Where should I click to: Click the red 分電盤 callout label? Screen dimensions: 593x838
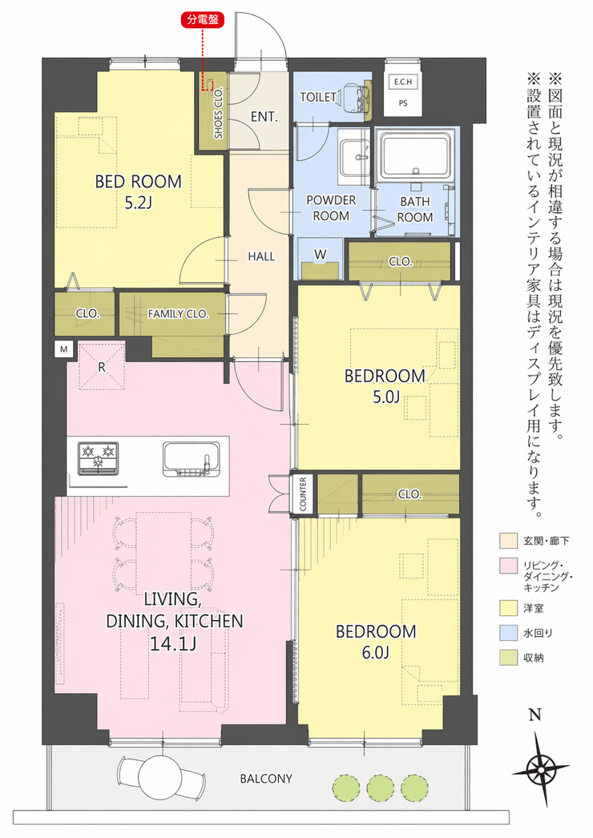tap(203, 20)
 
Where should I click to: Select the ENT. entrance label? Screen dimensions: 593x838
tap(264, 116)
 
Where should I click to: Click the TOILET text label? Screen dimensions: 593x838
tap(317, 97)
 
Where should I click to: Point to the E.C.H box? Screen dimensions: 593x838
tap(402, 83)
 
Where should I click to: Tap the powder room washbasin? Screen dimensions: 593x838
tap(354, 157)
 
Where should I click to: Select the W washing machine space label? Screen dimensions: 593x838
tap(320, 255)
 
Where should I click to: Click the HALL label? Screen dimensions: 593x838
tap(261, 256)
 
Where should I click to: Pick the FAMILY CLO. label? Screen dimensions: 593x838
tap(178, 314)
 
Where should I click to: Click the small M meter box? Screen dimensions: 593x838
tap(64, 350)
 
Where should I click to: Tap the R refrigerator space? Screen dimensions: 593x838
tap(102, 368)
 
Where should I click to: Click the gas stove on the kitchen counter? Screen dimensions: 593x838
tap(99, 458)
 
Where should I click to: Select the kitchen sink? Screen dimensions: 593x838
tap(192, 459)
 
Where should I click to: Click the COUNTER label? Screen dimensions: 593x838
tap(303, 494)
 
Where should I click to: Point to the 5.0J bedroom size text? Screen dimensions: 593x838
tap(385, 397)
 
